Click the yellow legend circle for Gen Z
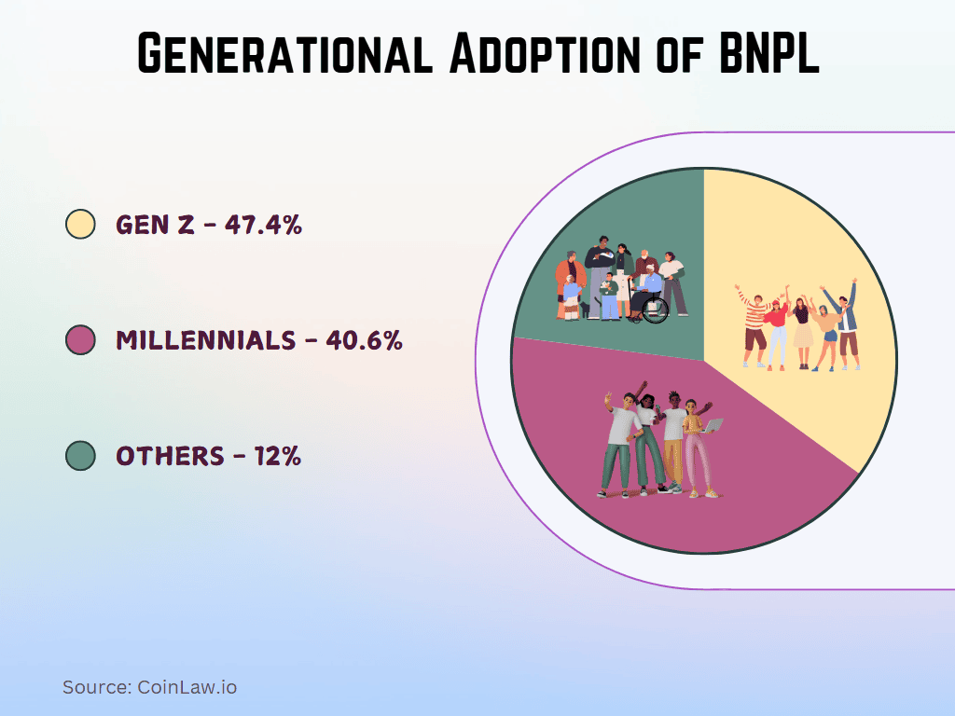(81, 224)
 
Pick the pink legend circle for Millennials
(81, 340)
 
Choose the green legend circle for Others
(81, 456)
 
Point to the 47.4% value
(264, 225)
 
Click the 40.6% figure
(364, 340)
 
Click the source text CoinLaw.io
(187, 688)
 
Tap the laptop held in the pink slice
(713, 425)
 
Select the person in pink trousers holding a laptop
(696, 447)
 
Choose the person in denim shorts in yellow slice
(826, 331)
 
